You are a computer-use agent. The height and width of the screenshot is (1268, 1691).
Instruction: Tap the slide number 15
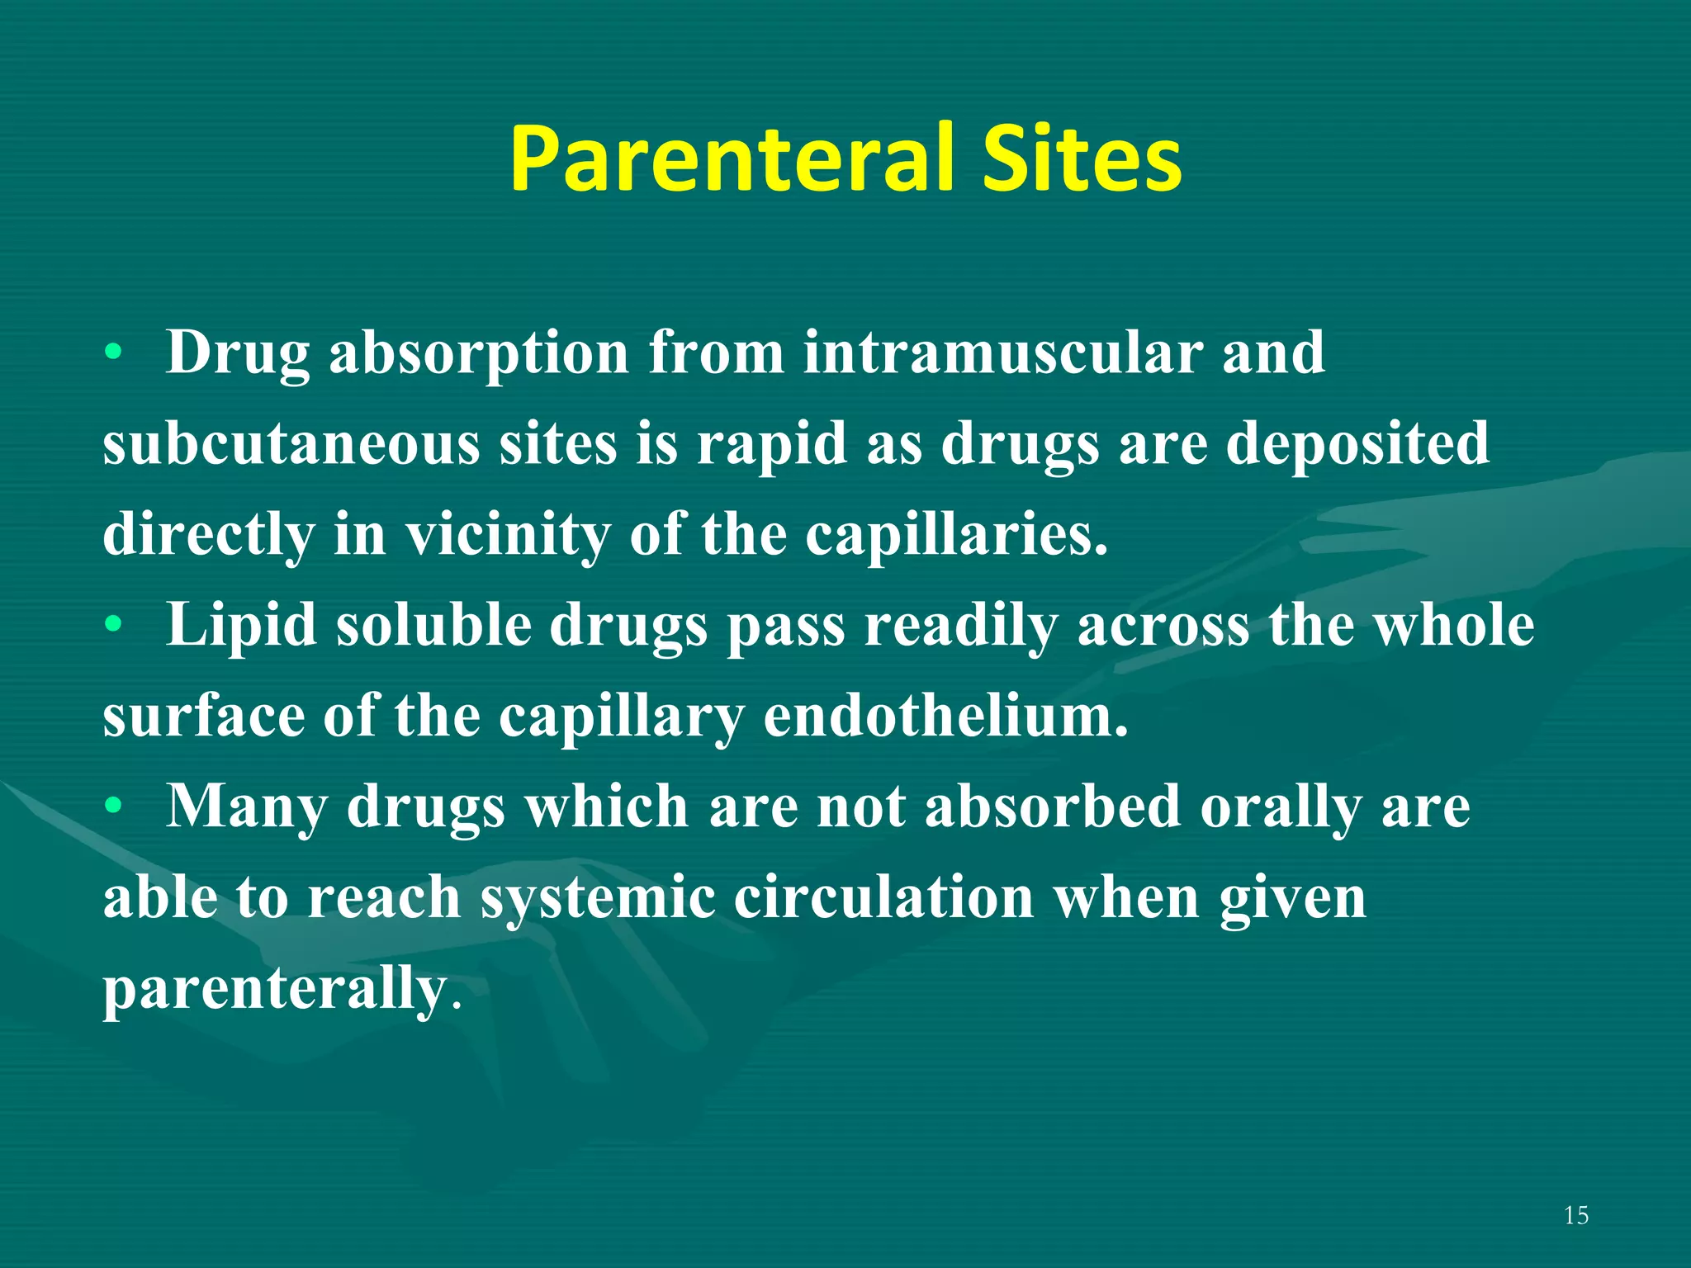click(x=1575, y=1215)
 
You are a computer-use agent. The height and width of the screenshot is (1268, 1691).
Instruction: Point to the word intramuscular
click(x=1002, y=353)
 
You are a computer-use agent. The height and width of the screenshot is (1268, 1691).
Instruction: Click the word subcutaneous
click(x=291, y=444)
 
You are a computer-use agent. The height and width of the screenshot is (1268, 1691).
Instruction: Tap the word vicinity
click(x=507, y=535)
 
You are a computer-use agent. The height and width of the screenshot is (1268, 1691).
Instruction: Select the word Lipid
click(x=241, y=626)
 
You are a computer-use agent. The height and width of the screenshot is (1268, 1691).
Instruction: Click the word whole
click(x=1453, y=626)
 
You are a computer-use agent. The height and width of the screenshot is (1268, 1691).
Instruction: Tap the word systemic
click(x=599, y=898)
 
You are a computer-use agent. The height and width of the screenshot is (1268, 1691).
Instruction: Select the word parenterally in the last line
click(x=274, y=989)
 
